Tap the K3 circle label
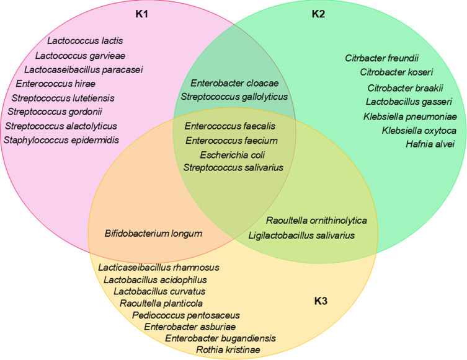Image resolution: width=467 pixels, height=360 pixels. tap(322, 302)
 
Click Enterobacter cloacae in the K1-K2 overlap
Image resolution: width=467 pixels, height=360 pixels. tap(234, 83)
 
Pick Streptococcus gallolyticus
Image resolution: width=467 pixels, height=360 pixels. tap(234, 97)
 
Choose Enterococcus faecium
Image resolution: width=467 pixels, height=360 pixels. tap(232, 141)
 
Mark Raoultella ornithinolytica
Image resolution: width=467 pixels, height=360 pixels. tap(317, 221)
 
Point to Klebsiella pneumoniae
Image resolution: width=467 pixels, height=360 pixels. tap(410, 116)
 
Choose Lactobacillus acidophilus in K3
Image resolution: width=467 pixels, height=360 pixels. tap(154, 279)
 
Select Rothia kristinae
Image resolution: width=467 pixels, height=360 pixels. tap(228, 350)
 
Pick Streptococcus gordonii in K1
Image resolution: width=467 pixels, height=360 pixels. tap(55, 112)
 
